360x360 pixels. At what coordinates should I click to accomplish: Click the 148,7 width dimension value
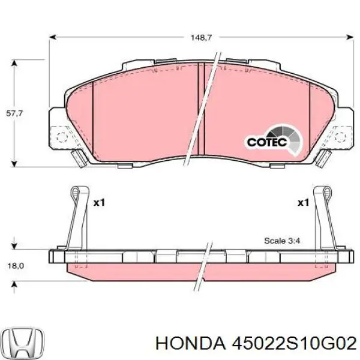coord(201,37)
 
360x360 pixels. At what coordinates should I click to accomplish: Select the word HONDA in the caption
coord(188,343)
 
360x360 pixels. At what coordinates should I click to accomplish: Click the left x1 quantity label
coord(99,203)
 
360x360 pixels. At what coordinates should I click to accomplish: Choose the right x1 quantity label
coord(302,203)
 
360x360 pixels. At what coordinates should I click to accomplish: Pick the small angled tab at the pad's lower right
coord(325,159)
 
